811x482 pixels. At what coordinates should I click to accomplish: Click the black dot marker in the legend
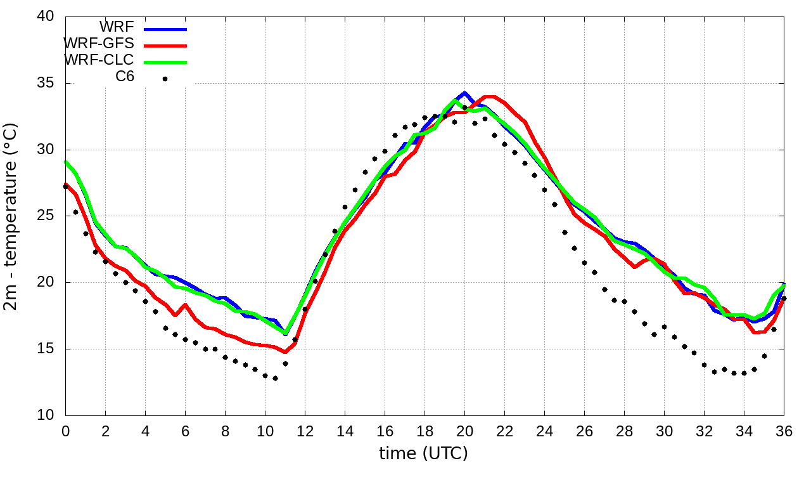click(x=165, y=79)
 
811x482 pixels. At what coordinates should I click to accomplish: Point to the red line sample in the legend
click(x=165, y=46)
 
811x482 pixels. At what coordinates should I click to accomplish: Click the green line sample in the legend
click(x=165, y=62)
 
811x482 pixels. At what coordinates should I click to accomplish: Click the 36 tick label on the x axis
click(x=784, y=431)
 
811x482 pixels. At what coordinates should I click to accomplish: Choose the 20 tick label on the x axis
click(x=464, y=431)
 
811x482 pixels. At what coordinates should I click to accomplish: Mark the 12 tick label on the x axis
click(x=305, y=431)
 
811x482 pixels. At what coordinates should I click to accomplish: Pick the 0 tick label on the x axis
click(x=65, y=431)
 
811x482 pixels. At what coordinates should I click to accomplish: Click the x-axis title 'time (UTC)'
click(x=423, y=453)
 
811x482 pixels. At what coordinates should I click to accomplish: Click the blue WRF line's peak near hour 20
click(x=464, y=93)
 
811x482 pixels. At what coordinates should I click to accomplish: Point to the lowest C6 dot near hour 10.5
click(x=275, y=378)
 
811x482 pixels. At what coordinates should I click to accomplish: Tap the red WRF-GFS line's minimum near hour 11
click(x=285, y=352)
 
